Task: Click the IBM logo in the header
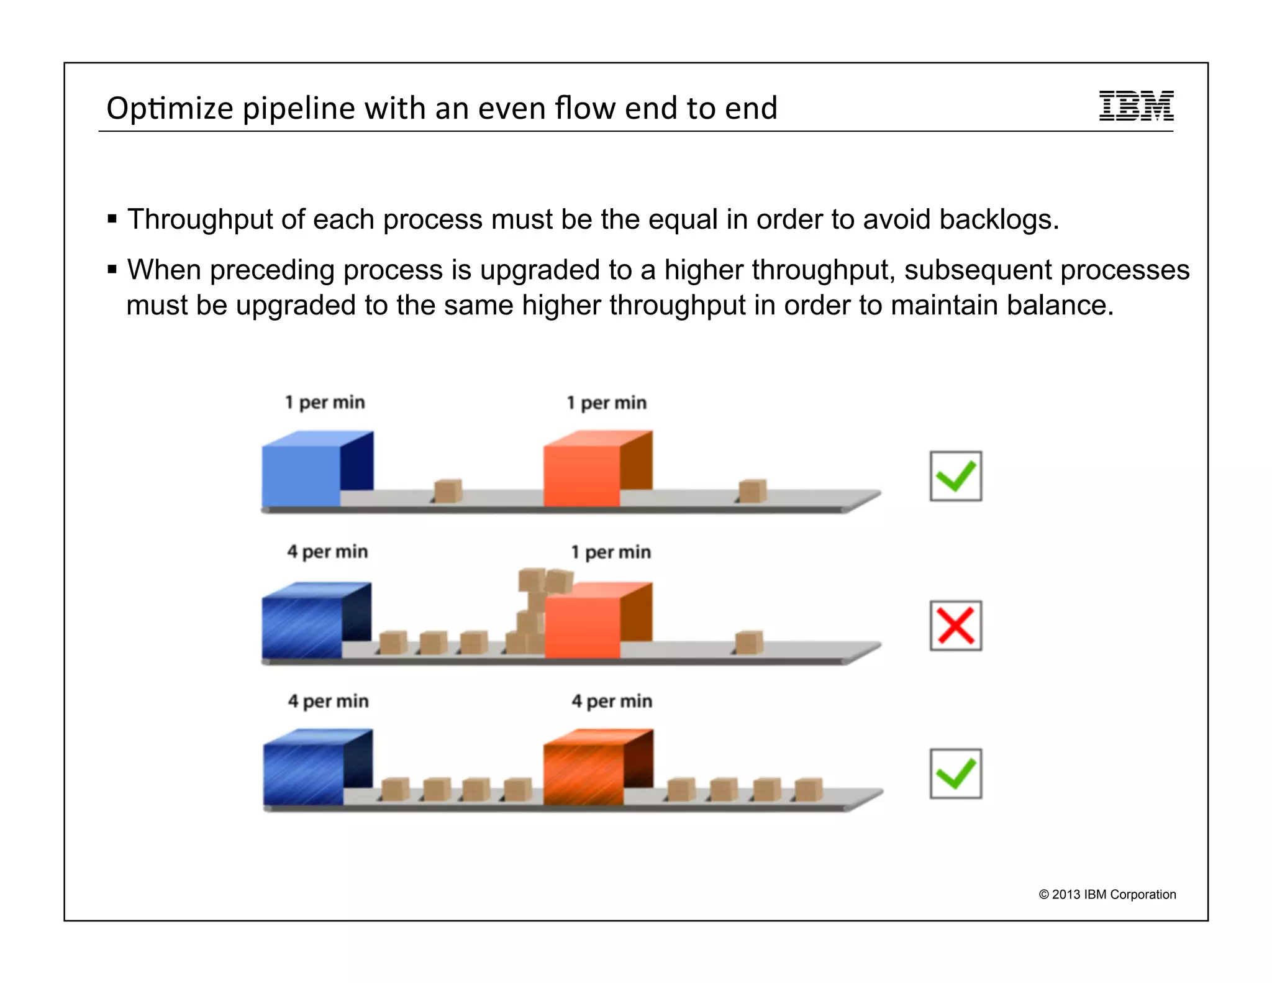click(1136, 106)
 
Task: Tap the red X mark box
click(955, 625)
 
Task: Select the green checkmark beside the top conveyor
click(955, 476)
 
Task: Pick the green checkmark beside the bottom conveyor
click(955, 774)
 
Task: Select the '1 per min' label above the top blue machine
click(325, 403)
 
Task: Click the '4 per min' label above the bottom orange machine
click(612, 702)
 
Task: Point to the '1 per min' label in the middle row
click(611, 552)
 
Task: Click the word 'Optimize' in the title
click(170, 109)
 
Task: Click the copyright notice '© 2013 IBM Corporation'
click(1107, 894)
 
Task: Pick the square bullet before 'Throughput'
click(112, 219)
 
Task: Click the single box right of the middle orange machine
click(748, 642)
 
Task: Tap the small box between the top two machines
click(448, 491)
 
